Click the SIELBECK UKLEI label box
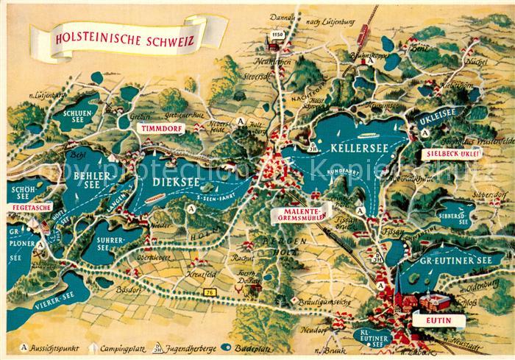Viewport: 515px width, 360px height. (453, 154)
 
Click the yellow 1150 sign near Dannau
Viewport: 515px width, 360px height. (277, 35)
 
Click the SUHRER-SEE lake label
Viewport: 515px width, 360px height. (113, 242)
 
